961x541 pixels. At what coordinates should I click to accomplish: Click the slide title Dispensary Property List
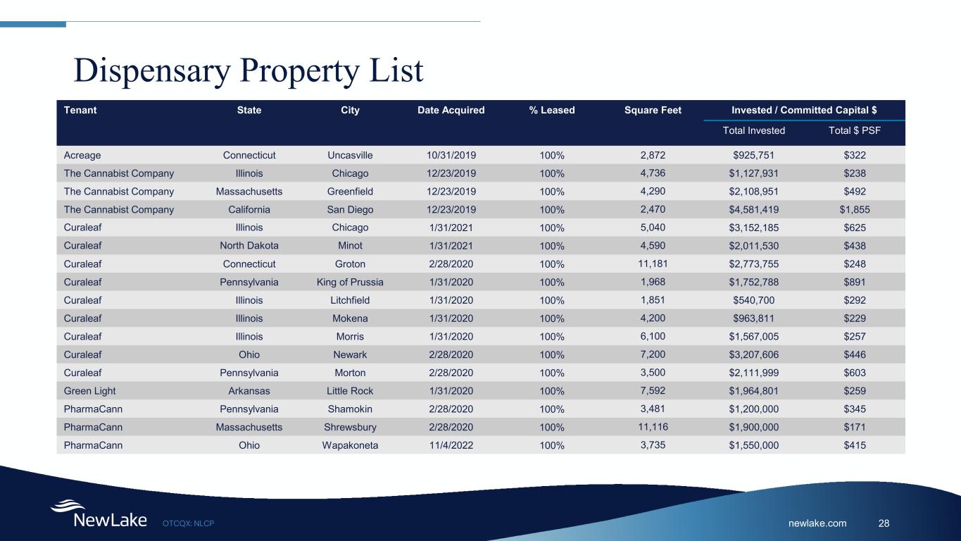pyautogui.click(x=249, y=70)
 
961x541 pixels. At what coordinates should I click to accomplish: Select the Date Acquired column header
pyautogui.click(x=451, y=110)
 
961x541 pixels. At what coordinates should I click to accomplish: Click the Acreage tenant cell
pyautogui.click(x=82, y=155)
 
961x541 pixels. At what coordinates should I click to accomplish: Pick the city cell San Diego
pyautogui.click(x=350, y=210)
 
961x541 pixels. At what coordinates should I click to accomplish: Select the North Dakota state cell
pyautogui.click(x=249, y=246)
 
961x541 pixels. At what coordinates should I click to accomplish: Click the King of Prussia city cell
pyautogui.click(x=350, y=282)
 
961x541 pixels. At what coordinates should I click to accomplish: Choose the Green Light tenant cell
pyautogui.click(x=89, y=391)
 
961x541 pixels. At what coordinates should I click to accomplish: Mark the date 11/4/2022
pyautogui.click(x=451, y=446)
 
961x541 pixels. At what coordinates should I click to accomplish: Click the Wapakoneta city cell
pyautogui.click(x=350, y=446)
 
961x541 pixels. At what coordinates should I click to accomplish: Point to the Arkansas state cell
pyautogui.click(x=249, y=391)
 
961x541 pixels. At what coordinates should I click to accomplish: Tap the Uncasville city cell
pyautogui.click(x=350, y=155)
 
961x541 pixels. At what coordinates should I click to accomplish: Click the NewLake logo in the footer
pyautogui.click(x=99, y=514)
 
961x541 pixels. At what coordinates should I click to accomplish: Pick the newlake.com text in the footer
pyautogui.click(x=817, y=523)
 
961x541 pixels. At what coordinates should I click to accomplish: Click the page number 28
pyautogui.click(x=884, y=523)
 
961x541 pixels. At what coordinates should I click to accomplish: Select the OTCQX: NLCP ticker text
pyautogui.click(x=188, y=523)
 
